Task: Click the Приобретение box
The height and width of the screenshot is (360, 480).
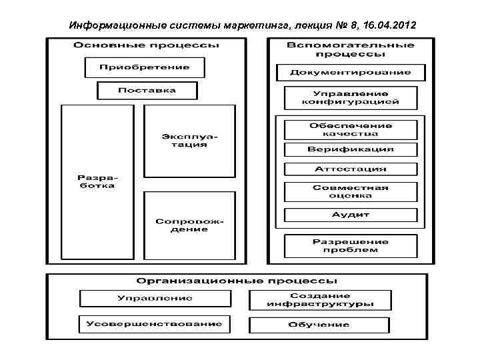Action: [x=144, y=67]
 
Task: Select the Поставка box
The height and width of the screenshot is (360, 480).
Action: [x=147, y=90]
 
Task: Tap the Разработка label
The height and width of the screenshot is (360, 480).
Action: [x=97, y=181]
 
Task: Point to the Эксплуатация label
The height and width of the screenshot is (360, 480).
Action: [x=189, y=140]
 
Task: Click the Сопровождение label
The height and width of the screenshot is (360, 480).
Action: [x=189, y=225]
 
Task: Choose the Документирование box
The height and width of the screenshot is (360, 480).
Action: [x=350, y=72]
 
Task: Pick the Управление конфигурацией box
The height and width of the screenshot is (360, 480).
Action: [x=350, y=97]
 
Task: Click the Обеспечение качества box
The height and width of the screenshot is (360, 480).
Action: [x=350, y=129]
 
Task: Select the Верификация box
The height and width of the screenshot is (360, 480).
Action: [x=350, y=149]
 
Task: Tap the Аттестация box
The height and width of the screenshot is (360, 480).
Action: [x=350, y=169]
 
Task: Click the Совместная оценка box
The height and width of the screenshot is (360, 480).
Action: [x=350, y=191]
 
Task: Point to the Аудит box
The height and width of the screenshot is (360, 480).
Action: [x=350, y=215]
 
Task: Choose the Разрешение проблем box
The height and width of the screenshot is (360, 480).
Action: [x=350, y=245]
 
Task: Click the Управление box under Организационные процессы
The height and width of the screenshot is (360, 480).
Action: [x=155, y=298]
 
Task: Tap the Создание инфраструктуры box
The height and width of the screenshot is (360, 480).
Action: [x=320, y=300]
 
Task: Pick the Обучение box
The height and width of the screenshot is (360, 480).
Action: [x=319, y=325]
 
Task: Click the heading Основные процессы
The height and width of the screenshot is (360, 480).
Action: [x=146, y=45]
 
